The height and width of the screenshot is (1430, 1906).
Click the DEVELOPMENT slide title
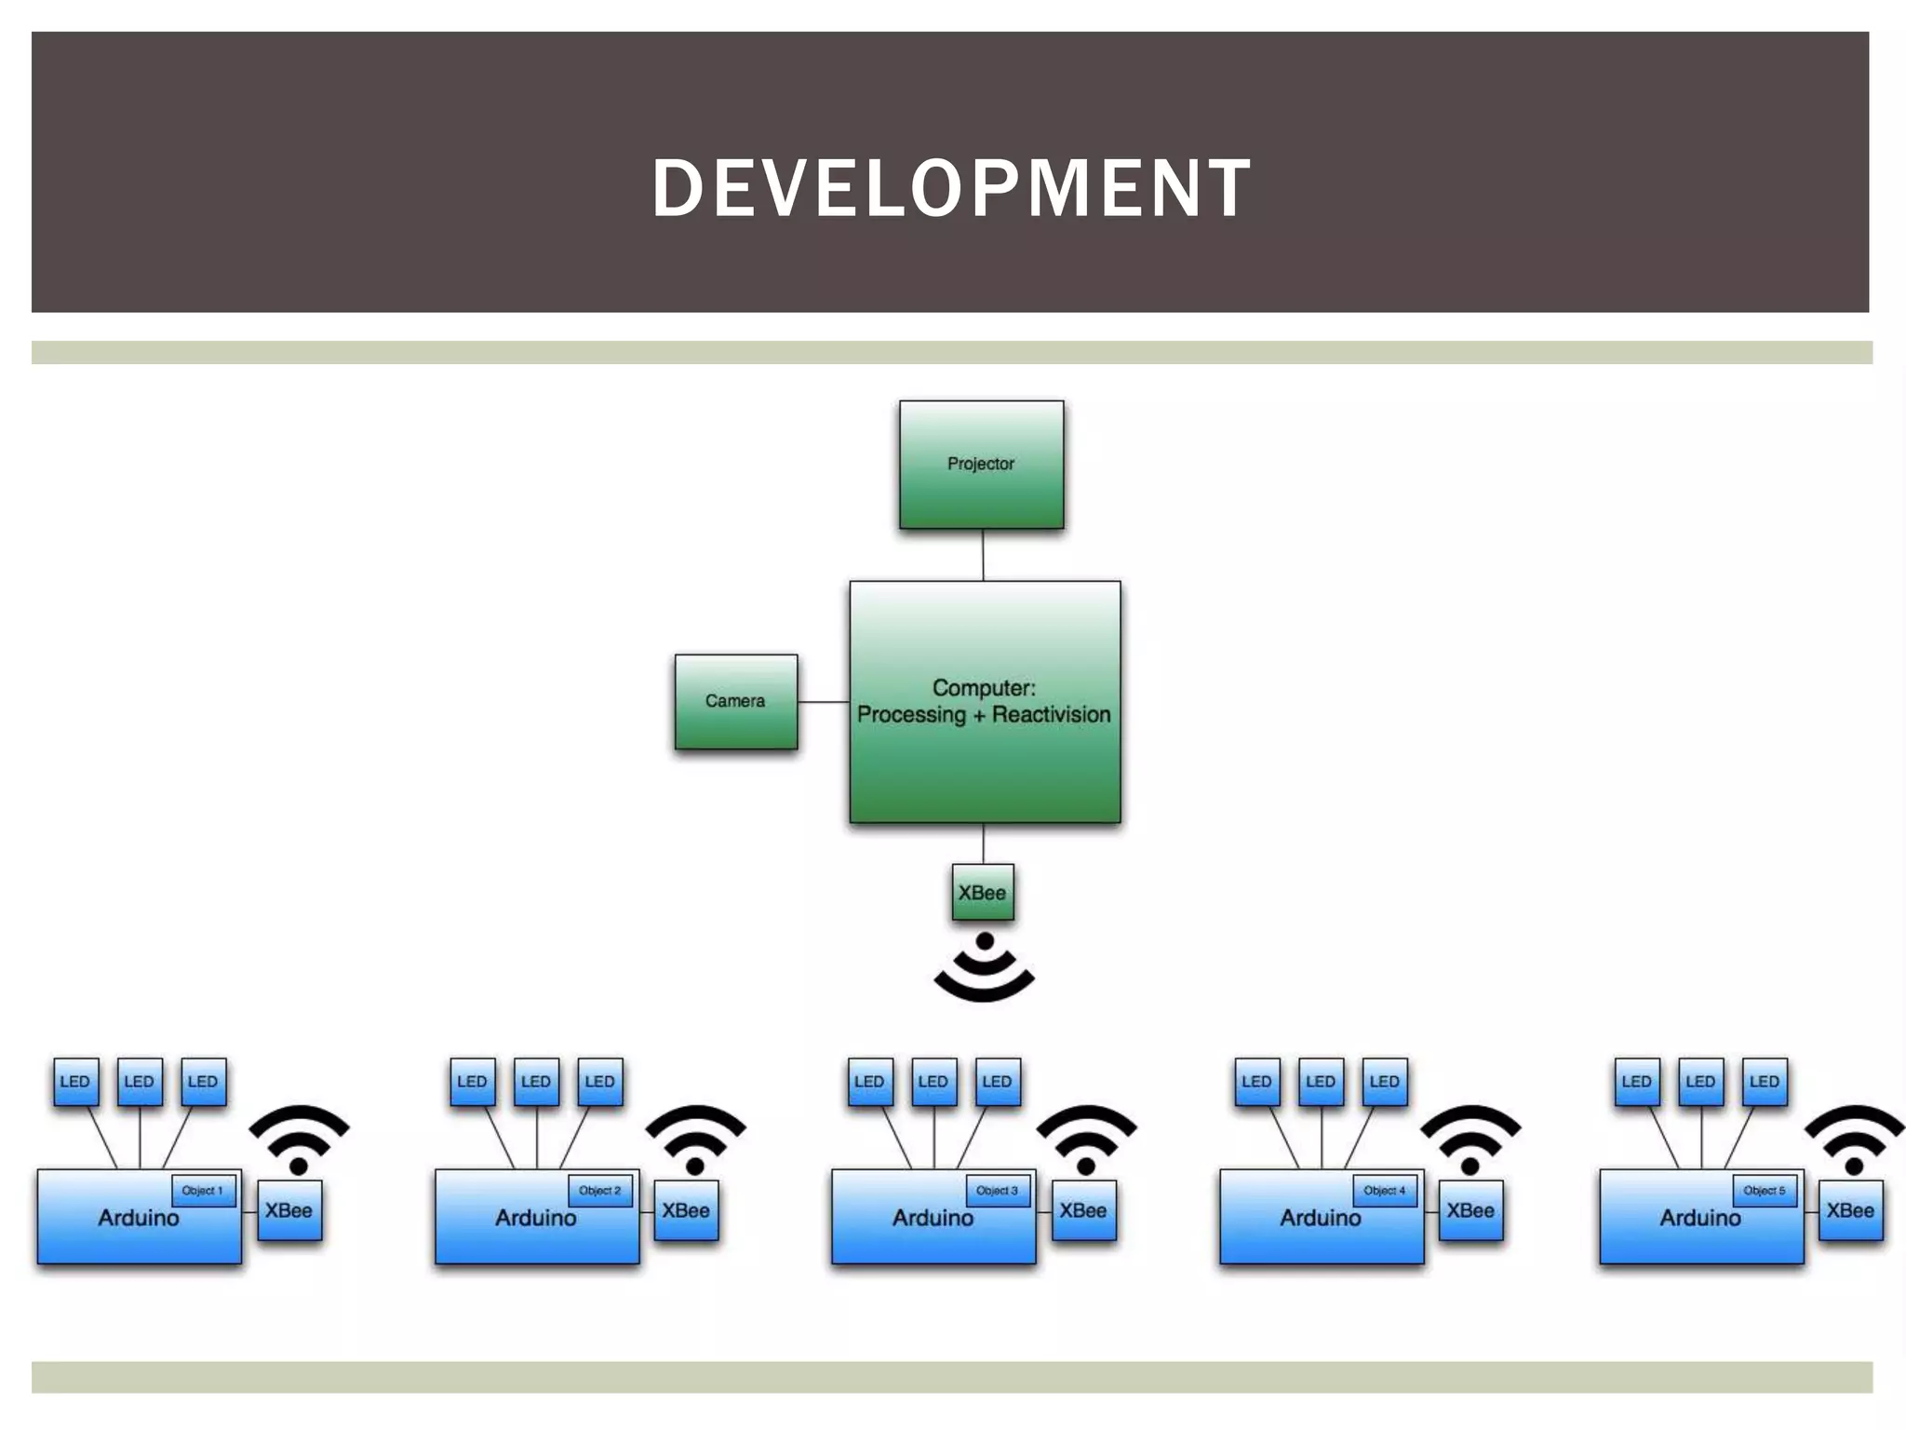coord(951,188)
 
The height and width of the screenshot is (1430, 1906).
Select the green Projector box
coord(981,465)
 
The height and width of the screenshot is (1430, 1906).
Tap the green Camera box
coord(735,701)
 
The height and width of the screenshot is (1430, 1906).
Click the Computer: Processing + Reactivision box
coord(985,702)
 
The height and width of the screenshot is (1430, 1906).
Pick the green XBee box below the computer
coord(983,893)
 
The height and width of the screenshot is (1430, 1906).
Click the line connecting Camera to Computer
coord(824,701)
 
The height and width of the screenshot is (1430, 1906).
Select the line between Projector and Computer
coord(983,555)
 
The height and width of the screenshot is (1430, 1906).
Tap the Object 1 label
coord(203,1191)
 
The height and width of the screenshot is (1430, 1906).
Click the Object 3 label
coord(997,1191)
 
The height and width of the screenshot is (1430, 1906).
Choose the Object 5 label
coord(1765,1191)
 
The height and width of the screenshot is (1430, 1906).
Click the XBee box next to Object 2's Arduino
coord(686,1210)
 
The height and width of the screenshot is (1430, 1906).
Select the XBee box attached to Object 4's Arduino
coord(1470,1210)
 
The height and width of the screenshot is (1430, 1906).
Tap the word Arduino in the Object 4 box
coord(1320,1218)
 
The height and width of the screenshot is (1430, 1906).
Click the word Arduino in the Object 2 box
coord(535,1218)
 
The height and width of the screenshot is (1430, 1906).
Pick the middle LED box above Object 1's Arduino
coord(140,1082)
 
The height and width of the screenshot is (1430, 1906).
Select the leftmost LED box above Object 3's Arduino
coord(869,1082)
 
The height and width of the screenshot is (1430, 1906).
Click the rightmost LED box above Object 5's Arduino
coord(1765,1082)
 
